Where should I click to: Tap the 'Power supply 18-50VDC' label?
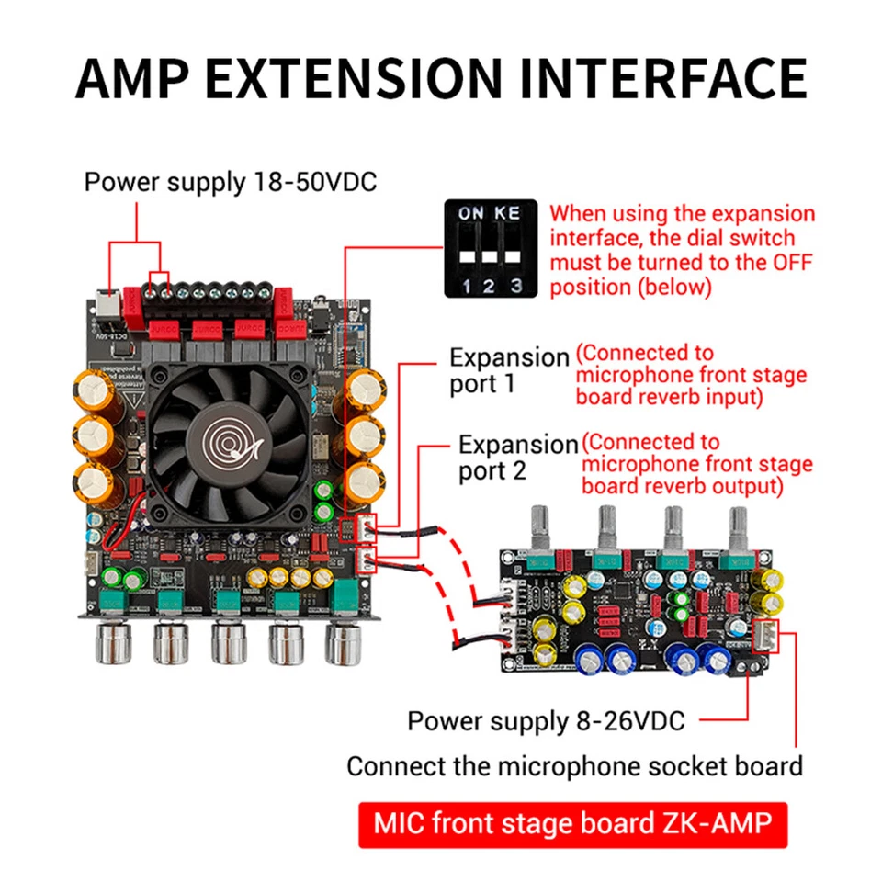click(x=230, y=181)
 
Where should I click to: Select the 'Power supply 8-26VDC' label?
click(x=546, y=721)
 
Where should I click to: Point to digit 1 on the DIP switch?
click(x=468, y=287)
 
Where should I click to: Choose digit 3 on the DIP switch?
click(x=516, y=287)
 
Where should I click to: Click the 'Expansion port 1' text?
click(x=509, y=370)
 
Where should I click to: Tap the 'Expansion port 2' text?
click(x=517, y=458)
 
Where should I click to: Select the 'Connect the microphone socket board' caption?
click(x=574, y=765)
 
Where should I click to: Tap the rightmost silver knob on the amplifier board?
click(x=343, y=642)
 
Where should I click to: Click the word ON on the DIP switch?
click(x=471, y=213)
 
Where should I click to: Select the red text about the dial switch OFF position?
click(x=682, y=250)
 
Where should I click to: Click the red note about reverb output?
click(x=696, y=464)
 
